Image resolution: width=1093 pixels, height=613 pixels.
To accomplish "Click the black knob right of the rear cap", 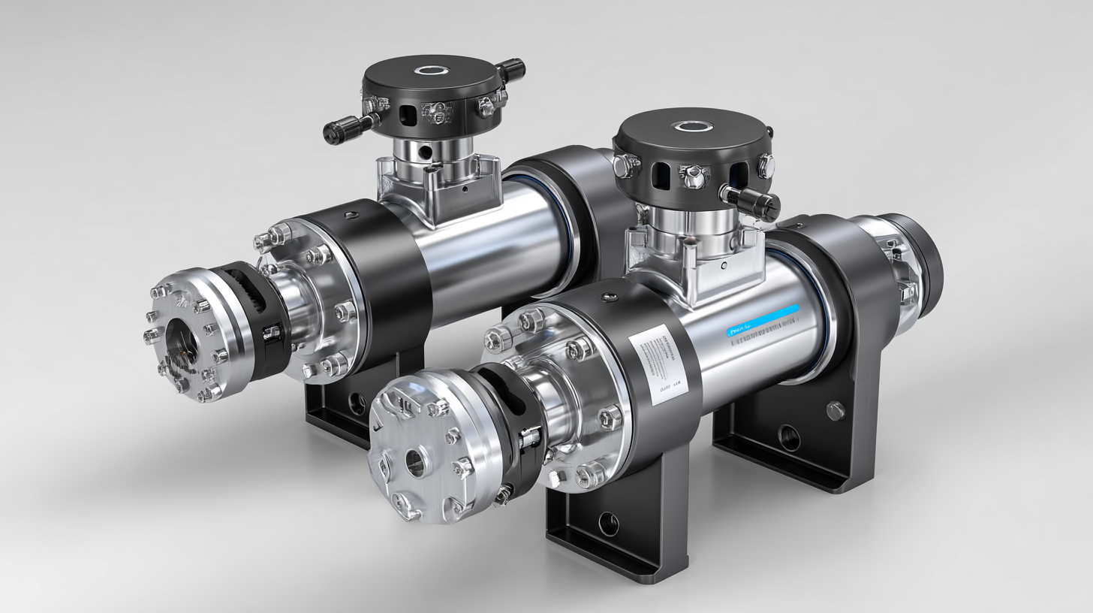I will click(510, 69).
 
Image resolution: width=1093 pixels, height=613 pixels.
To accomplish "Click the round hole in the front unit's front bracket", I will click(608, 523).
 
